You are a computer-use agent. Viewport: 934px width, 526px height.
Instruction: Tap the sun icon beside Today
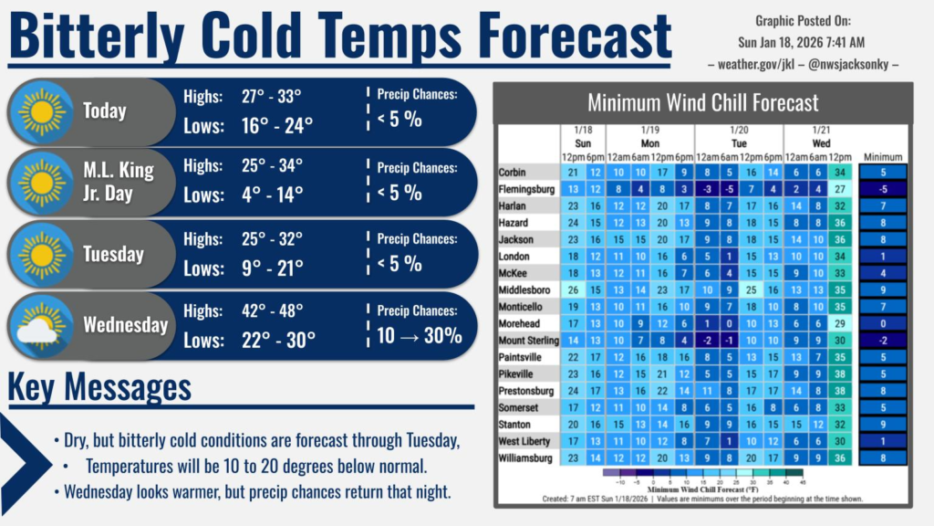tap(41, 111)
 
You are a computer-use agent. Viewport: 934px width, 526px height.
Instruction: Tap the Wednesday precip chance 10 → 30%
tap(420, 335)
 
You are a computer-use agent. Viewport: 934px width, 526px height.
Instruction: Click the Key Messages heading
tap(100, 387)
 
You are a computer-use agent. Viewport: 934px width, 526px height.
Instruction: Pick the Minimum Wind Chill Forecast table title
tap(702, 103)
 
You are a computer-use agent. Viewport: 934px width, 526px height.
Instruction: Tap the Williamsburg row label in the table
tap(526, 457)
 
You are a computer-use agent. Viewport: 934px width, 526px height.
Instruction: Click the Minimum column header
tap(882, 156)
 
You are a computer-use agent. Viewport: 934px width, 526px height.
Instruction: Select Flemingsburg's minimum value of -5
tap(882, 189)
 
